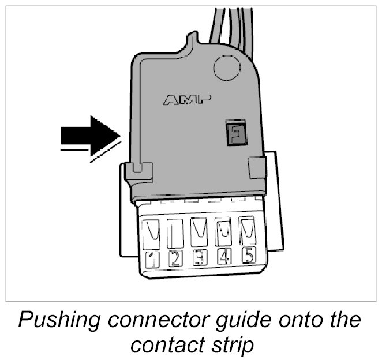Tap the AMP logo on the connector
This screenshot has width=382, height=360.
coord(185,100)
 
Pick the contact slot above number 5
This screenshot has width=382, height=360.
coord(246,229)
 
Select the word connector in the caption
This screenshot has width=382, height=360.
coord(152,320)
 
